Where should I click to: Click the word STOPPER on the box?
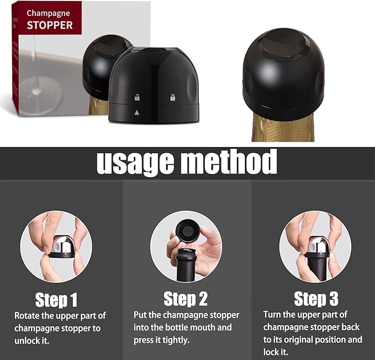[50, 25]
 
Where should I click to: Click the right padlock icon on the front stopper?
[173, 98]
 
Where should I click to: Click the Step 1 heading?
[56, 300]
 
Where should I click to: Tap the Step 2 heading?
[186, 299]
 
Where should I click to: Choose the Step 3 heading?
[316, 299]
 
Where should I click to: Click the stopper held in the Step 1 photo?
[62, 247]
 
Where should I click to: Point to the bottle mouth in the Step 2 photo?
[187, 255]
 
